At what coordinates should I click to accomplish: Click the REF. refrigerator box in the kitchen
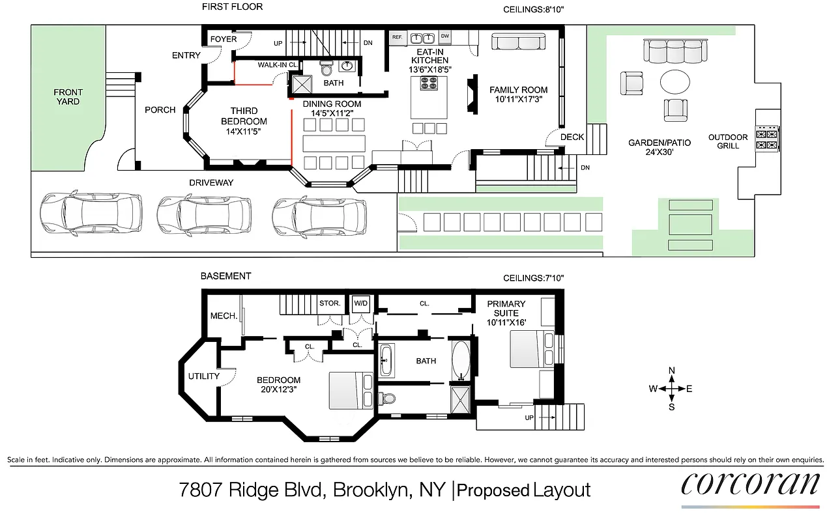pyautogui.click(x=397, y=37)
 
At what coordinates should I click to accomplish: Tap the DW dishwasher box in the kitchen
pyautogui.click(x=445, y=36)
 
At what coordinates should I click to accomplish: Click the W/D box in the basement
pyautogui.click(x=360, y=303)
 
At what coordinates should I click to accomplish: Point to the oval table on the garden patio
pyautogui.click(x=675, y=83)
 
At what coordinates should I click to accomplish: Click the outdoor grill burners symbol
pyautogui.click(x=767, y=139)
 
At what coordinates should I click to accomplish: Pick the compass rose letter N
pyautogui.click(x=672, y=371)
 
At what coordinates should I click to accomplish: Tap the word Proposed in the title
pyautogui.click(x=493, y=490)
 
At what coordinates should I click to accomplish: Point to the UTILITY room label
pyautogui.click(x=203, y=376)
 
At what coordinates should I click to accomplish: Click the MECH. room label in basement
pyautogui.click(x=223, y=316)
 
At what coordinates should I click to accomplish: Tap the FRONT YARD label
pyautogui.click(x=68, y=97)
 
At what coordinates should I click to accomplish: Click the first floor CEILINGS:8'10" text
pyautogui.click(x=533, y=10)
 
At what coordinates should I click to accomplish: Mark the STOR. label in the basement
pyautogui.click(x=330, y=303)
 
